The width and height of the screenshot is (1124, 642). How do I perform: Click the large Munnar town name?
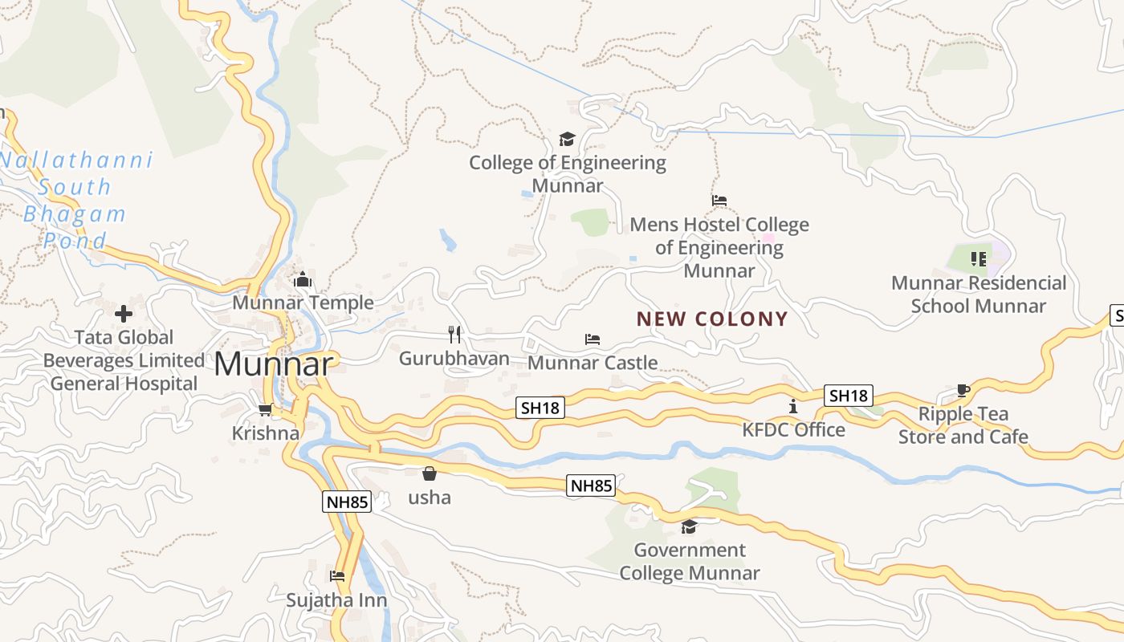[x=273, y=364]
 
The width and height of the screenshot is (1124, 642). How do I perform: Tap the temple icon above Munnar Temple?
[x=303, y=280]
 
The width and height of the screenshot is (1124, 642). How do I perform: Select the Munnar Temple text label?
[x=303, y=303]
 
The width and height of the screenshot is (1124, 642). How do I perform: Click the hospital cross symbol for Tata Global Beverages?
[x=124, y=313]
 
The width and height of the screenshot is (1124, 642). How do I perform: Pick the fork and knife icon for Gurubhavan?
[x=454, y=334]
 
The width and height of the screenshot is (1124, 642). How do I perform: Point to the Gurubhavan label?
[x=454, y=358]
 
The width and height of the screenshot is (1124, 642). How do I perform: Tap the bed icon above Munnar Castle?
[x=593, y=339]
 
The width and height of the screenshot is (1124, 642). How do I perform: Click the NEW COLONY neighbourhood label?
[x=712, y=319]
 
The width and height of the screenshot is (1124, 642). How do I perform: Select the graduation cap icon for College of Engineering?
[x=567, y=140]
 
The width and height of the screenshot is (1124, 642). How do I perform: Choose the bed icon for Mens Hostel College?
[x=719, y=201]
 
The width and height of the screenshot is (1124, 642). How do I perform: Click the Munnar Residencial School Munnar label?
[x=979, y=295]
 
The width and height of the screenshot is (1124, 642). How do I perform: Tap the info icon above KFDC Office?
[x=793, y=407]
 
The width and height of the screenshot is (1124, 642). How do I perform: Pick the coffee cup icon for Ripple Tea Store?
[x=963, y=391]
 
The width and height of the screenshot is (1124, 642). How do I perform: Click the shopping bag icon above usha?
[x=430, y=473]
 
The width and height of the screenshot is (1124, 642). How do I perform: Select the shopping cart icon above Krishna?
[x=265, y=410]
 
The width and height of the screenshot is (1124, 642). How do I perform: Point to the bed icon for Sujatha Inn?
[x=337, y=576]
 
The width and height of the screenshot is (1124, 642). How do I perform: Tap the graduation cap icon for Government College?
[x=689, y=527]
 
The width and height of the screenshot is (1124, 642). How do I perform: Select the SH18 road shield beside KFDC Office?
[x=849, y=396]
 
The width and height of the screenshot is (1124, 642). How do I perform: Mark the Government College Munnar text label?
[x=689, y=562]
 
